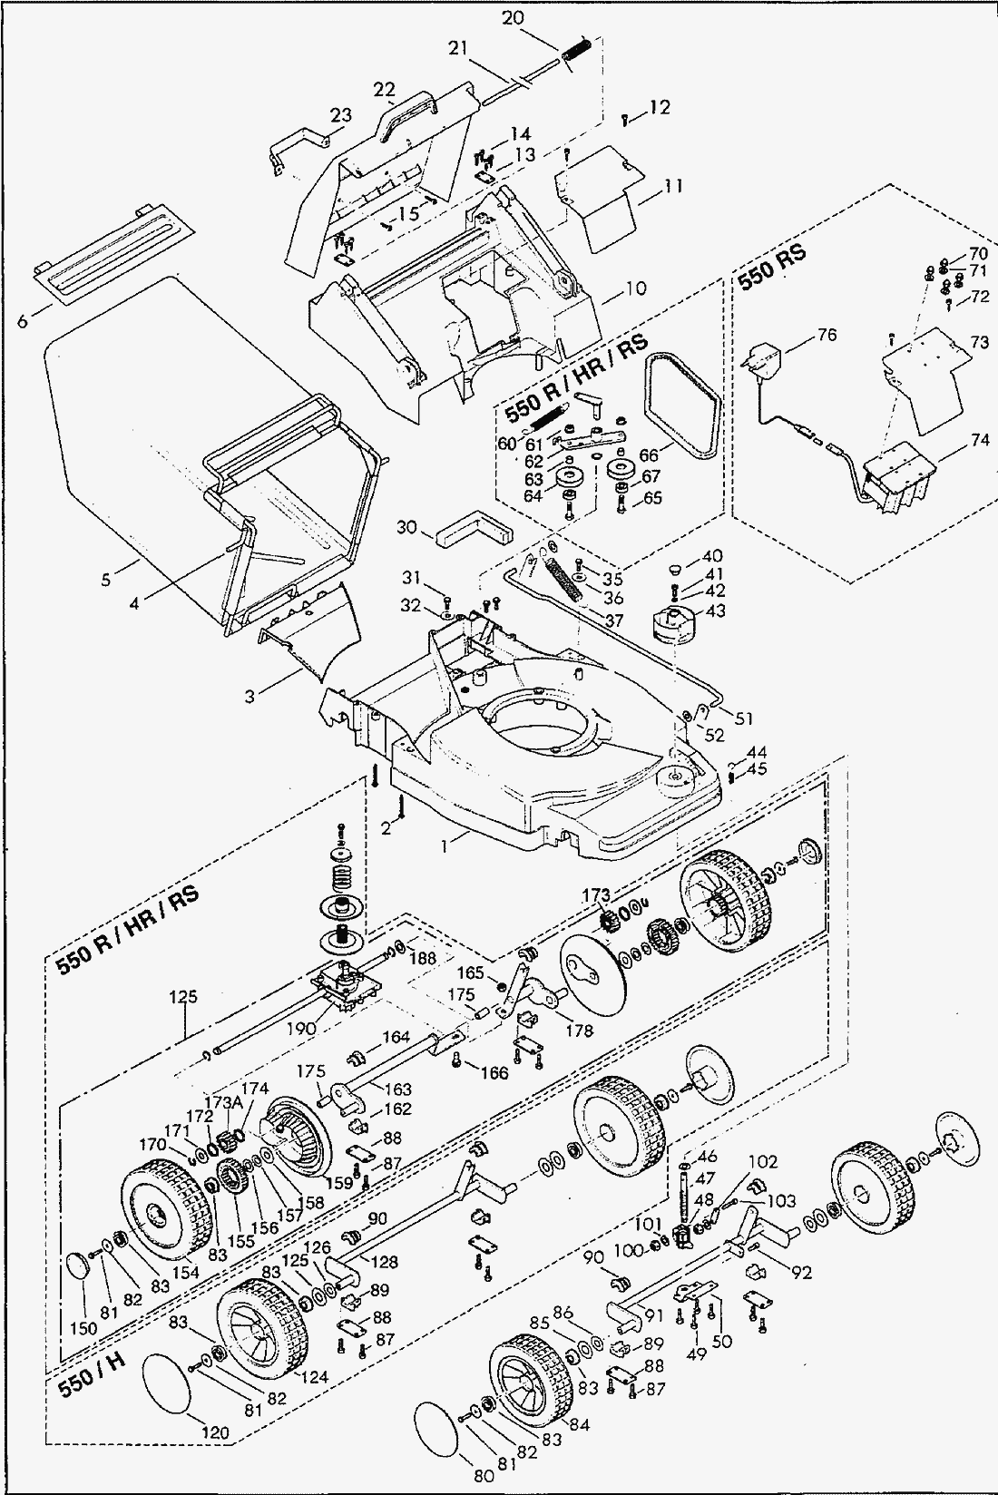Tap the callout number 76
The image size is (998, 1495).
pos(826,336)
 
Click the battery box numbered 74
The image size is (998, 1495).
pos(898,476)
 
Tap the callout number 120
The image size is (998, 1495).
pos(216,1432)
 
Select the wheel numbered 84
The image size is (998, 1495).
pos(530,1380)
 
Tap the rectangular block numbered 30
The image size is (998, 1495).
pos(472,528)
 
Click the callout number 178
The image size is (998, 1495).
pos(579,1031)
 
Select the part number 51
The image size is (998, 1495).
pos(744,719)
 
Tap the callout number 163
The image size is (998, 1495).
pos(397,1089)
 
